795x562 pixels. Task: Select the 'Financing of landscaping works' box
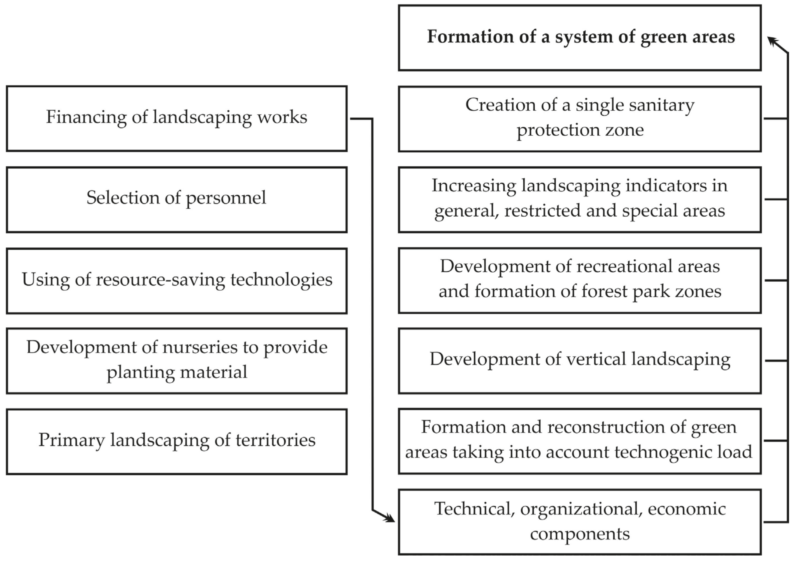pyautogui.click(x=177, y=118)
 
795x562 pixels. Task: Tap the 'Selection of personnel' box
pyautogui.click(x=177, y=200)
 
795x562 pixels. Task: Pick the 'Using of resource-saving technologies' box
pyautogui.click(x=177, y=281)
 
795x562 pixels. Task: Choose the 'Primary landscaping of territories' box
pyautogui.click(x=177, y=441)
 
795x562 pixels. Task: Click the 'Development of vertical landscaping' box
pyautogui.click(x=580, y=361)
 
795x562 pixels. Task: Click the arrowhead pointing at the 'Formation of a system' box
pyautogui.click(x=771, y=41)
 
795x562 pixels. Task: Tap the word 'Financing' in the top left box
pyautogui.click(x=86, y=117)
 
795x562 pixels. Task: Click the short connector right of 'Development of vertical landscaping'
pyautogui.click(x=776, y=361)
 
